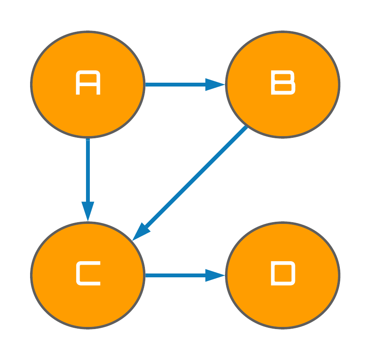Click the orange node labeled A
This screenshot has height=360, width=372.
click(88, 84)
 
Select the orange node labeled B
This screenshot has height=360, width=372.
click(283, 84)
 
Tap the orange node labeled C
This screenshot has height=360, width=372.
click(88, 275)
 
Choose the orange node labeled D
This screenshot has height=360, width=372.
click(283, 275)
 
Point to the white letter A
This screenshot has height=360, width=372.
click(88, 82)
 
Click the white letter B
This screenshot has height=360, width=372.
click(283, 82)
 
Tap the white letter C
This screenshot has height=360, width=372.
click(88, 273)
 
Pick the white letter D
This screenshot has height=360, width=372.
click(283, 273)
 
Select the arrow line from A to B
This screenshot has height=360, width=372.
click(185, 84)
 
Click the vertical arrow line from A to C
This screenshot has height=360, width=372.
click(88, 180)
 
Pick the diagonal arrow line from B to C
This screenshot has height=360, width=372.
click(190, 183)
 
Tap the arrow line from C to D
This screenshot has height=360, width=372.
click(185, 276)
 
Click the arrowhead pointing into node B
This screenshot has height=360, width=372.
click(215, 84)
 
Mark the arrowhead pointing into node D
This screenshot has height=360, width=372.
click(215, 276)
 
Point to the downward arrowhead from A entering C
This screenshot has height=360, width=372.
click(88, 211)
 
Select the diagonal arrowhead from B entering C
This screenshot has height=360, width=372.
click(141, 232)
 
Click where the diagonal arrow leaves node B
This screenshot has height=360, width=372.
click(247, 126)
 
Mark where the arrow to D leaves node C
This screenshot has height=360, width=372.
click(145, 276)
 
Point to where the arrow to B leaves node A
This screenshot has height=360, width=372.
click(145, 84)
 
